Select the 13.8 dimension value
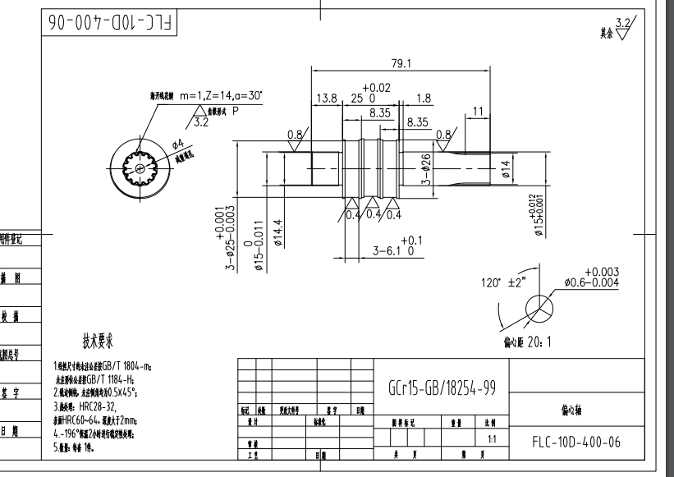tap(327, 99)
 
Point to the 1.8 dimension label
tap(424, 99)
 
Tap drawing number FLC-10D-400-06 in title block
tap(576, 443)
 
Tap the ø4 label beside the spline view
tap(177, 144)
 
